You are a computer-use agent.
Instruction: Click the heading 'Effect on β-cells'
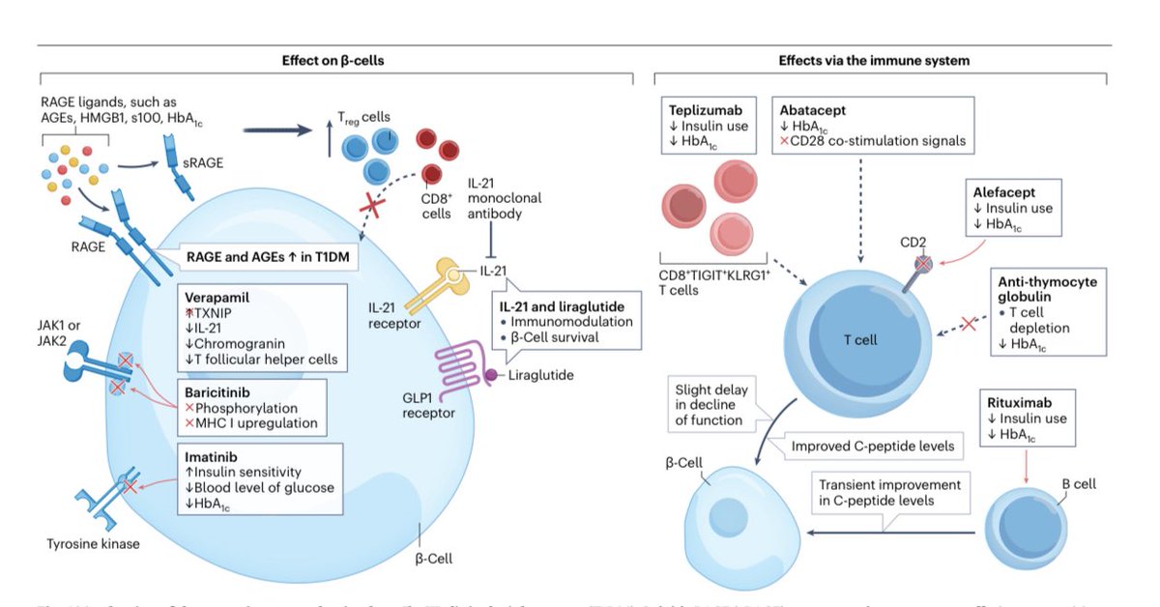(x=336, y=60)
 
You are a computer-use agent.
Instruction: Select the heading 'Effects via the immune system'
(x=874, y=60)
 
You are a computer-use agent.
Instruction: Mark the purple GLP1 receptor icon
(x=455, y=362)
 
